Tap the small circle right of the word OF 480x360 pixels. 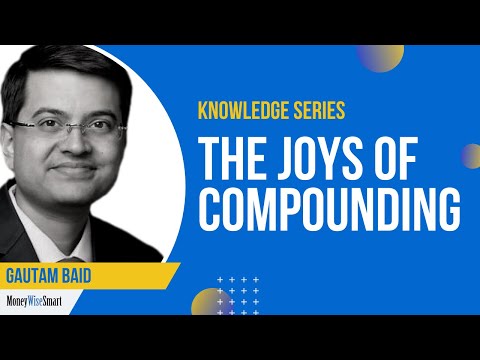coord(471,155)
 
